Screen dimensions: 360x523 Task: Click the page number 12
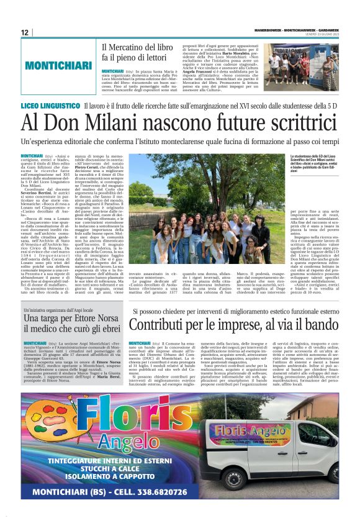coord(25,32)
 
